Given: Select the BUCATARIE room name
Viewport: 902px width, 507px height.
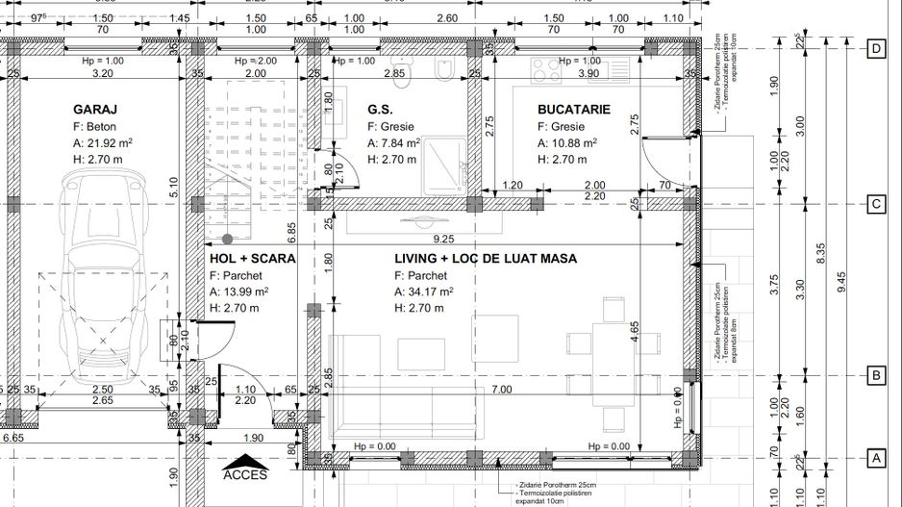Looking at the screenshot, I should coord(574,110).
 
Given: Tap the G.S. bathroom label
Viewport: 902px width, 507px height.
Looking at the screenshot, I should coord(380,110).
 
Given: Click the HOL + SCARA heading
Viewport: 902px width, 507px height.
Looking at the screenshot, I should coord(252,259).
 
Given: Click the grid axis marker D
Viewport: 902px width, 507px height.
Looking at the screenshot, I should coord(875,48).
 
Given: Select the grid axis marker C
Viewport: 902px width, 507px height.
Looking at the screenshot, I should coord(875,204).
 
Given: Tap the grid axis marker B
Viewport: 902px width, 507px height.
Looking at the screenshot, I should coord(875,375).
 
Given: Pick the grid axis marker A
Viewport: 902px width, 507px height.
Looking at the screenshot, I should coord(875,458).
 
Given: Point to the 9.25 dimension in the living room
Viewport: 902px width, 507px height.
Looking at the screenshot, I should coord(444,238).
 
